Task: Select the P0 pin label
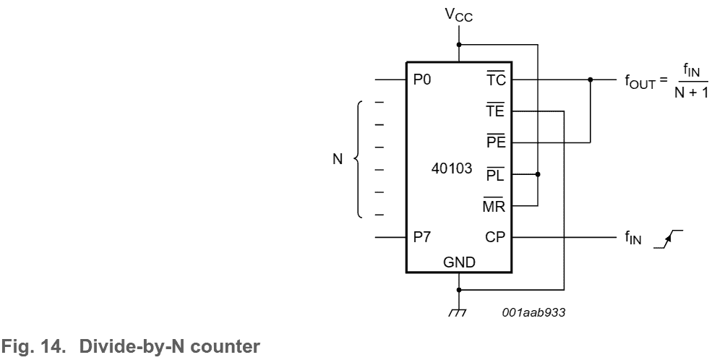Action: (x=421, y=80)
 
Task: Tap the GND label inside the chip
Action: (x=459, y=262)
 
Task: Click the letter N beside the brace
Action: (x=338, y=159)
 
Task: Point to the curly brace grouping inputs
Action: (x=359, y=159)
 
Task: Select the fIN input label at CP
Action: (x=634, y=238)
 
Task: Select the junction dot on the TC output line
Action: (x=591, y=80)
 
